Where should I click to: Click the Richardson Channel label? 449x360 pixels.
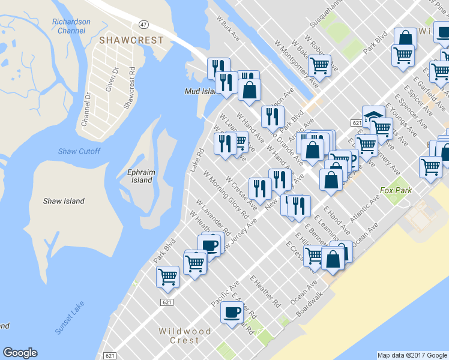coord(71,26)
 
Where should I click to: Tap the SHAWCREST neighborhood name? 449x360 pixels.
coord(130,40)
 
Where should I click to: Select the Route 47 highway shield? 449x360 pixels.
coord(143,24)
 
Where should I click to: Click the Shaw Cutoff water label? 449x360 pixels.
coord(79,151)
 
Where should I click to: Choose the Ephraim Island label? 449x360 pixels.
coord(142,176)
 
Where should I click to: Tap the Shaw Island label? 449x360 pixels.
coord(64,201)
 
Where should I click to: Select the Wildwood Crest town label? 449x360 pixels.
coord(184,335)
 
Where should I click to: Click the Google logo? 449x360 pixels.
coord(20,353)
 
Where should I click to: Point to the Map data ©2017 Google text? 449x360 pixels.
coord(412,355)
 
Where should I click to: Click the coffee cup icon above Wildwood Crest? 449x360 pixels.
coord(232,312)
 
